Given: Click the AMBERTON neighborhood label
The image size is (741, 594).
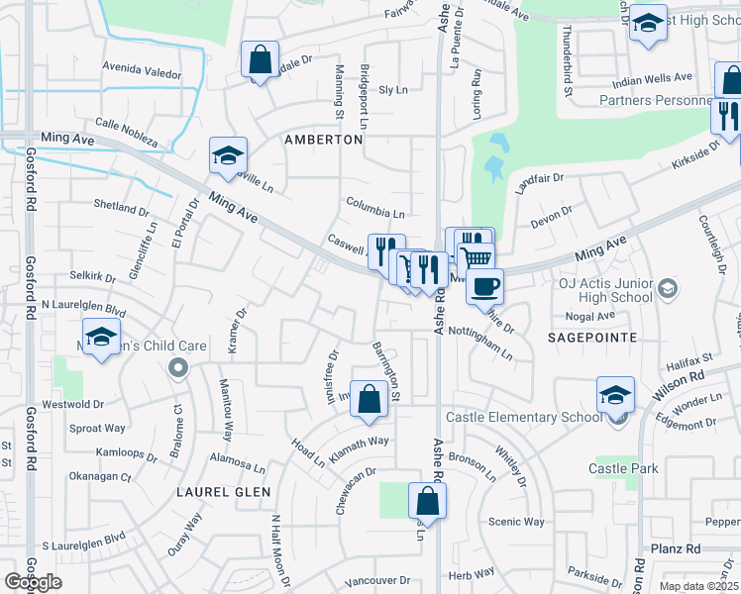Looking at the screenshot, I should pos(323,141).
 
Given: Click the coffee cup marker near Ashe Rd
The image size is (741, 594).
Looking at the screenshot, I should pos(484,287).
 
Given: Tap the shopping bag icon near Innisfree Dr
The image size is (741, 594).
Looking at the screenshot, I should pos(369,399).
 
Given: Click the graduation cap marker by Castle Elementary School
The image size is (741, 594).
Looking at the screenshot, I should pos(615,395).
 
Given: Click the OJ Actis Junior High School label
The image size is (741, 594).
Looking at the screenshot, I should pos(604,289).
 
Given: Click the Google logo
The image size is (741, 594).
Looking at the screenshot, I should pos(33,582).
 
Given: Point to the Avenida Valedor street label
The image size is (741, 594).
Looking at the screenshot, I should pos(143,73).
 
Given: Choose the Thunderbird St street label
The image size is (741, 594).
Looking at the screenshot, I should pos(568,63).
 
